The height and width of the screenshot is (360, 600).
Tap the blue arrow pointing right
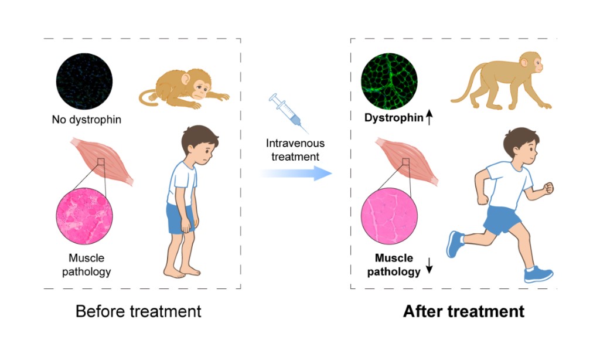click(296, 174)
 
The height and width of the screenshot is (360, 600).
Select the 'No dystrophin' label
click(87, 120)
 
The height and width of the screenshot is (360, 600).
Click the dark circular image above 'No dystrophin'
click(84, 81)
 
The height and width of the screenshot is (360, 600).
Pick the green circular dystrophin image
click(389, 81)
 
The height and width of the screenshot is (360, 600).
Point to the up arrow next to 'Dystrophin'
click(429, 117)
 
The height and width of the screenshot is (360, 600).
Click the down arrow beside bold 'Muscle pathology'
click(429, 266)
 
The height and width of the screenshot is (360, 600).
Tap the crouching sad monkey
click(183, 89)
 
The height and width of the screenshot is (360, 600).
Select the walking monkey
click(502, 80)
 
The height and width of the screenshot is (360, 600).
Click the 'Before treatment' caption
click(138, 311)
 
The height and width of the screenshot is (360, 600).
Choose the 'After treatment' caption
click(464, 311)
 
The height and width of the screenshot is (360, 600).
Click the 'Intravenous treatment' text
click(295, 150)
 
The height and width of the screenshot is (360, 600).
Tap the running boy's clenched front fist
click(548, 188)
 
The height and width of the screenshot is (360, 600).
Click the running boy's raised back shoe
click(455, 243)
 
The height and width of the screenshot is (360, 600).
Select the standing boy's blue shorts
click(180, 218)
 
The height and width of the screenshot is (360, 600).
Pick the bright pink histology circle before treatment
click(84, 216)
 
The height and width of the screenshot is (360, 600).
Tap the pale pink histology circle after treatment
click(389, 216)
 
